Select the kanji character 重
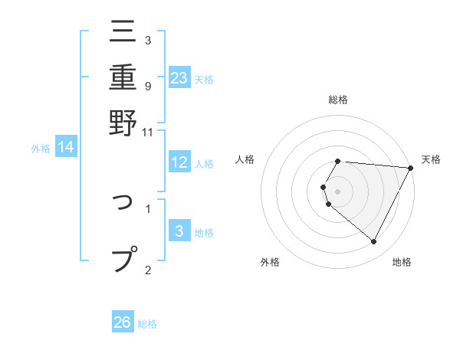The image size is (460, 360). (x=123, y=77)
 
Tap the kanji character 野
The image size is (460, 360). (x=123, y=121)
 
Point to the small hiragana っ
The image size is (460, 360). (x=123, y=208)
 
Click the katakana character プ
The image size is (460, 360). (x=124, y=257)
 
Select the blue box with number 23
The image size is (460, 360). (x=179, y=77)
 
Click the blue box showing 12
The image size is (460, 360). (x=179, y=162)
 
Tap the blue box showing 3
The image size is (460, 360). (x=179, y=231)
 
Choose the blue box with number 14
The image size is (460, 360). (x=65, y=147)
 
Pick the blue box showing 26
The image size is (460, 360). (x=123, y=322)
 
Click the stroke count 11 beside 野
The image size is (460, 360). (x=148, y=132)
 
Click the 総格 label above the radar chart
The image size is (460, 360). (x=338, y=100)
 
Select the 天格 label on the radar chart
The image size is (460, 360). (x=431, y=159)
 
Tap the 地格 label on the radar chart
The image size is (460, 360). (x=402, y=263)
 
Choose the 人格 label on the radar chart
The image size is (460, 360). (x=245, y=159)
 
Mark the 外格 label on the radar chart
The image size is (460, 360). (x=270, y=263)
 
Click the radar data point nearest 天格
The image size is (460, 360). (x=411, y=168)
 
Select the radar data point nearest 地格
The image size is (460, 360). (x=374, y=242)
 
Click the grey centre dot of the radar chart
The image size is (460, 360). (x=338, y=191)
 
